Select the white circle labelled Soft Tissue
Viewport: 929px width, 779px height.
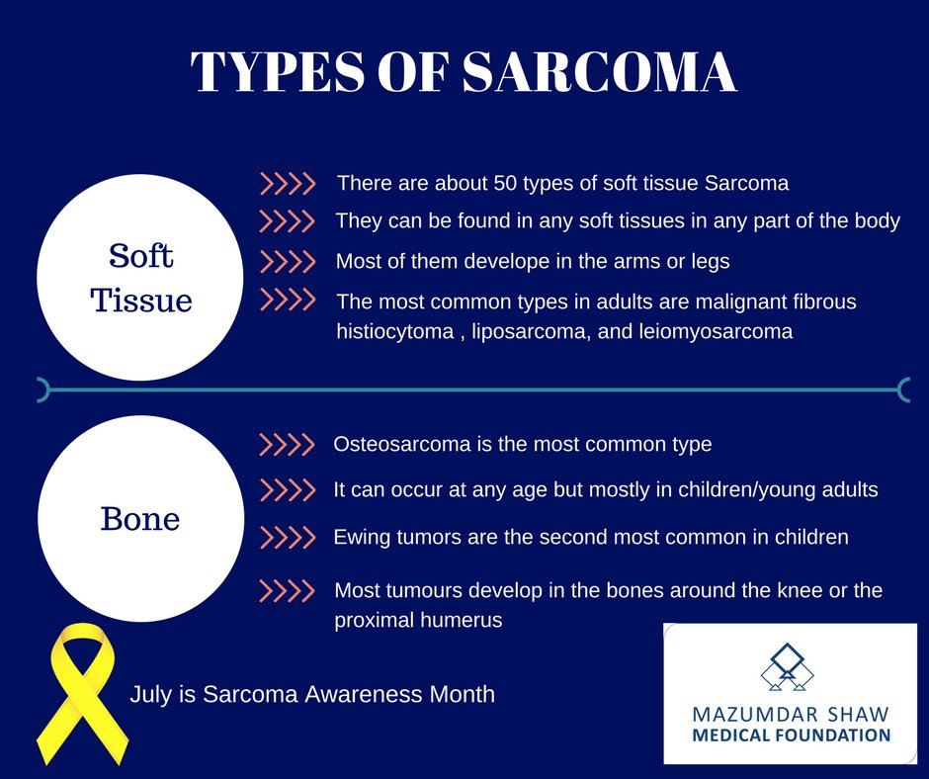click(139, 278)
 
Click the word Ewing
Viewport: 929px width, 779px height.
click(362, 537)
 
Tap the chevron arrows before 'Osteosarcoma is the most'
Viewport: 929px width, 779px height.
click(286, 445)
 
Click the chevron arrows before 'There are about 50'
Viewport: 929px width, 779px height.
click(287, 183)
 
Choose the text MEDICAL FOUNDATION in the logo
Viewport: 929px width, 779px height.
click(791, 736)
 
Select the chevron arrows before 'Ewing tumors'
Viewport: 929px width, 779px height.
click(286, 538)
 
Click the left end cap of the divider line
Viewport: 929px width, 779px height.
click(42, 390)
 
